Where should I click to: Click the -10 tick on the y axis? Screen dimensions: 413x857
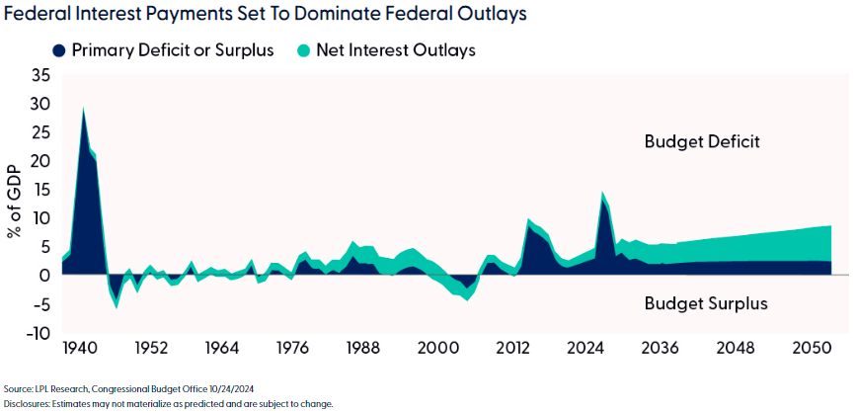point(37,333)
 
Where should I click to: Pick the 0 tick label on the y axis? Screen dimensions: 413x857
point(44,276)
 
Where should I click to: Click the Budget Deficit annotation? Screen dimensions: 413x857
point(702,141)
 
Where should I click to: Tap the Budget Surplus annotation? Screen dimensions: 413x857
point(705,302)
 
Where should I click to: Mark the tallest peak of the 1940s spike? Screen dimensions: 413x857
point(83,108)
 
